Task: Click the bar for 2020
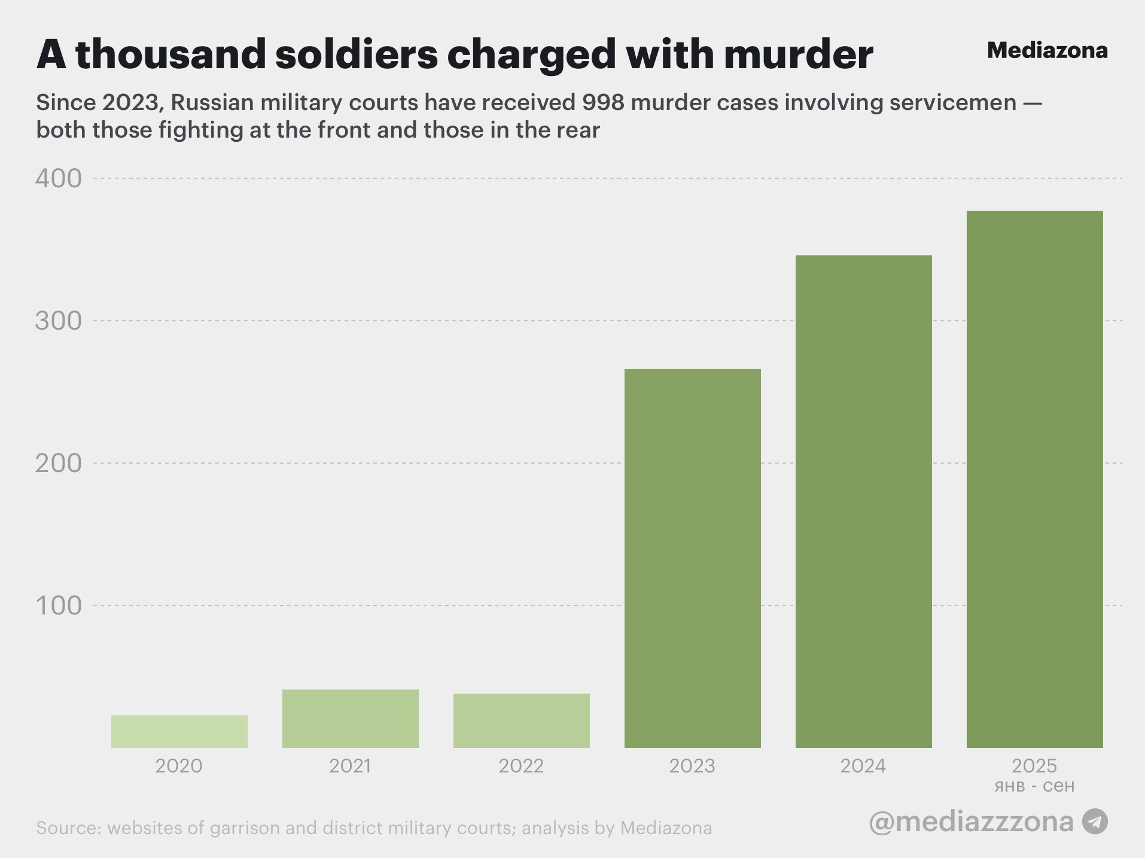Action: [x=179, y=731]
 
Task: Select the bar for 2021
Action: [x=351, y=719]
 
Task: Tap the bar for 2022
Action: [x=522, y=720]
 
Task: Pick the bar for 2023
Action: [x=693, y=558]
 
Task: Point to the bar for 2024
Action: [x=863, y=501]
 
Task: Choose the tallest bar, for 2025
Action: [x=1034, y=479]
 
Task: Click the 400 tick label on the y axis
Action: [x=58, y=178]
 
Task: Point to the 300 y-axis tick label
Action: [x=58, y=321]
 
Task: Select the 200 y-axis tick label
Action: [x=58, y=463]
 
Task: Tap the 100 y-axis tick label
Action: [x=58, y=606]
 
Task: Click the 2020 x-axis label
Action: [x=179, y=766]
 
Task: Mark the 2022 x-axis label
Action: [x=521, y=766]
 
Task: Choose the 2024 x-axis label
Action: [x=863, y=766]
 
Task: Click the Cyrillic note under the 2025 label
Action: [x=1034, y=786]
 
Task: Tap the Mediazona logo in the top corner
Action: [x=1047, y=51]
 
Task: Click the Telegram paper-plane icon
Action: [x=1095, y=822]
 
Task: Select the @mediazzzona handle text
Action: [x=971, y=822]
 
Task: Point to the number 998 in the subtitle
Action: [x=603, y=103]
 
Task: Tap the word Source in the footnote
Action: [x=68, y=828]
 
